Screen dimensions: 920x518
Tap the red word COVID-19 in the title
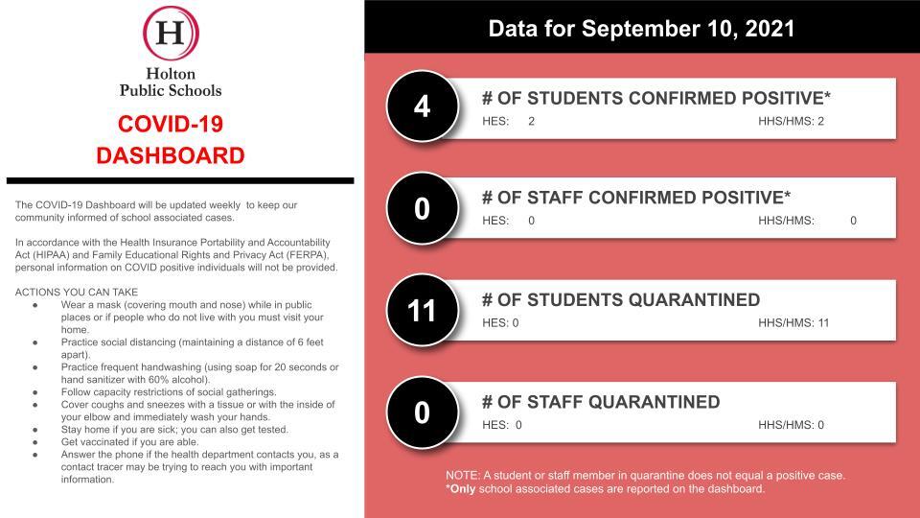click(x=171, y=124)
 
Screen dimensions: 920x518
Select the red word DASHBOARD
click(x=171, y=155)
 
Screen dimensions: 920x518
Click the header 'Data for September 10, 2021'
click(x=641, y=29)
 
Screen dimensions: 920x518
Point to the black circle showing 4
click(x=423, y=106)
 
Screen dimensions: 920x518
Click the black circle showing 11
click(x=423, y=311)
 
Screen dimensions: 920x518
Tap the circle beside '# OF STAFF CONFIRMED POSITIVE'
click(x=423, y=208)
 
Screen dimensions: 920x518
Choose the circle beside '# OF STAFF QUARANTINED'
click(x=423, y=412)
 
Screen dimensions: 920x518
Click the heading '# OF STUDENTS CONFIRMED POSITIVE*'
click(x=656, y=98)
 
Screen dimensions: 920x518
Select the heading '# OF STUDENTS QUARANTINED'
click(x=621, y=300)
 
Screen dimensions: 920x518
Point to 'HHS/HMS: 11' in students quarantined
click(x=793, y=323)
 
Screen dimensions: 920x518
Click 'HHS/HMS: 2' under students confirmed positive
click(x=791, y=122)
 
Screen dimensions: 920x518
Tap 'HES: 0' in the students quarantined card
click(x=500, y=323)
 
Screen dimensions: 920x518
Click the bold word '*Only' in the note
click(x=461, y=488)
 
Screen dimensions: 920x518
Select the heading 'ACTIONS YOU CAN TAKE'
click(x=77, y=292)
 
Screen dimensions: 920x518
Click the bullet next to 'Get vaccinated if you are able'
click(x=35, y=442)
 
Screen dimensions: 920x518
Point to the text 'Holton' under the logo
click(x=171, y=74)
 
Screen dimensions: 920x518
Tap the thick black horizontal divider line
click(x=180, y=181)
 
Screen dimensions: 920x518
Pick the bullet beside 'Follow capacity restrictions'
click(x=35, y=392)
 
